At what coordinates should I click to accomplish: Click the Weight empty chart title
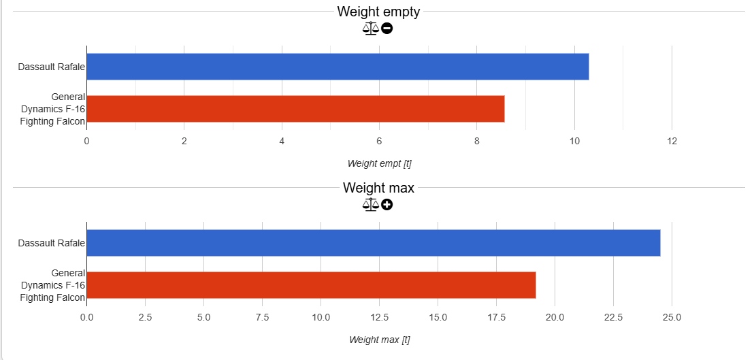(x=378, y=12)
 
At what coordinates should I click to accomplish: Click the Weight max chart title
(x=378, y=188)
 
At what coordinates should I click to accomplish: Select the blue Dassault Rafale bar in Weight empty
(x=338, y=67)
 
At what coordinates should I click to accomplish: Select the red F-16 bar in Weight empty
(x=295, y=109)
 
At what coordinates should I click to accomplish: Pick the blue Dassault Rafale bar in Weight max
(x=373, y=243)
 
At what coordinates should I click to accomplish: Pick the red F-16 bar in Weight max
(x=311, y=285)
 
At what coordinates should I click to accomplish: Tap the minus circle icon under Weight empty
(x=387, y=29)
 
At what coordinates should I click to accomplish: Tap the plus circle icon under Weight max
(x=387, y=205)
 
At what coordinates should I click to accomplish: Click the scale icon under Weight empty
(x=370, y=29)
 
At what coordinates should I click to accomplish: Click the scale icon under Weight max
(x=370, y=205)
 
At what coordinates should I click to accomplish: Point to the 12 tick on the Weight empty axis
(x=672, y=142)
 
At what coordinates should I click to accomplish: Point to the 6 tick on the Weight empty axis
(x=379, y=142)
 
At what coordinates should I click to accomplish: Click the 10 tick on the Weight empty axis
(x=574, y=142)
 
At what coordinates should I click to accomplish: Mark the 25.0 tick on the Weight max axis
(x=672, y=317)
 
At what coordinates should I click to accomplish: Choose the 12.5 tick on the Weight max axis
(x=379, y=317)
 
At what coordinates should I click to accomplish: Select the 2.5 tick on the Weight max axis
(x=145, y=317)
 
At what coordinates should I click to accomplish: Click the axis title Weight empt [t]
(x=379, y=163)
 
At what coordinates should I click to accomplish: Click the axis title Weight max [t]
(x=379, y=340)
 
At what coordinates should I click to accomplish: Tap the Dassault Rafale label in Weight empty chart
(x=52, y=67)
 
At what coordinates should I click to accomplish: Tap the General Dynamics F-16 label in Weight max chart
(x=53, y=285)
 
